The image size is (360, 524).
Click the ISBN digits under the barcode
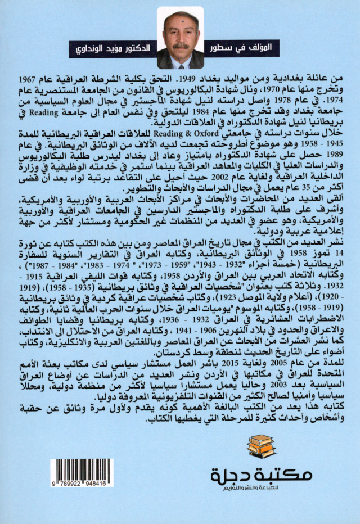coord(82,482)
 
